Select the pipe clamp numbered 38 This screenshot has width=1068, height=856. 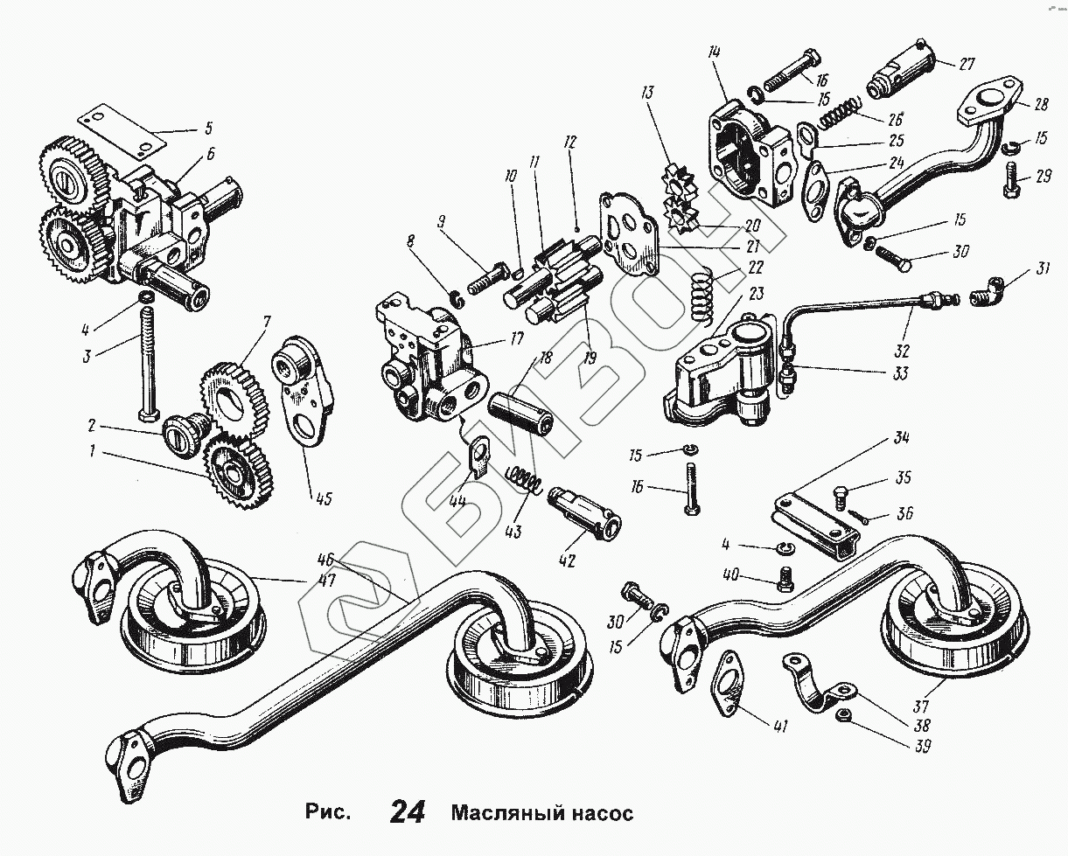(x=817, y=685)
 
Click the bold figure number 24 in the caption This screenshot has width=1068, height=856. (x=407, y=812)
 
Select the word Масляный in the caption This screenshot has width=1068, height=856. (x=505, y=813)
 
